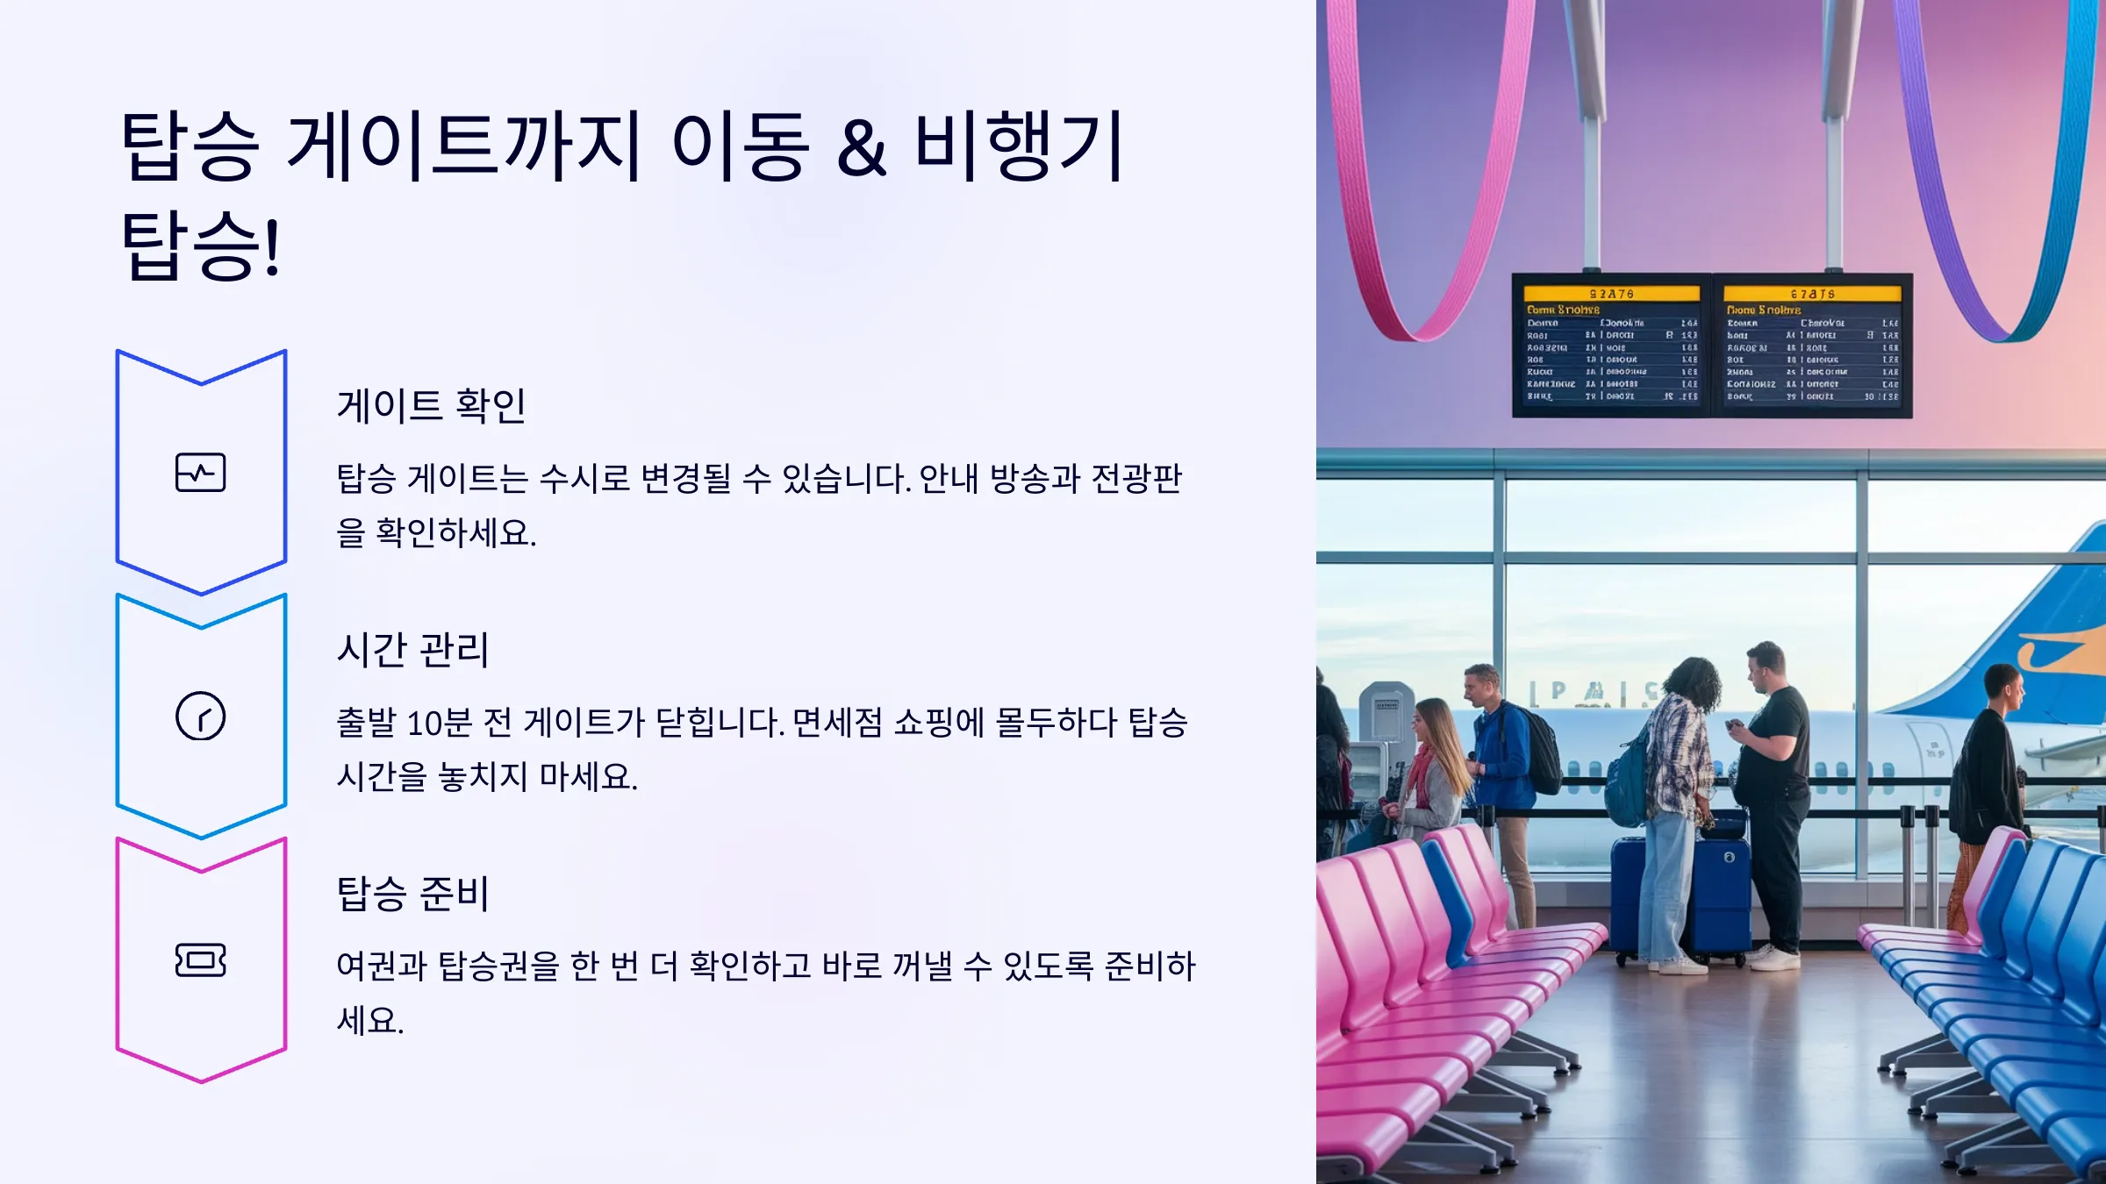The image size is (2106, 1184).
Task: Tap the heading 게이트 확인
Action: (x=431, y=406)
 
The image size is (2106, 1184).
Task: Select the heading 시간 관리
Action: (x=412, y=650)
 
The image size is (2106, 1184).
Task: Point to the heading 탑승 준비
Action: (x=412, y=894)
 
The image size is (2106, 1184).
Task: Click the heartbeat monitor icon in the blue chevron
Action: (x=201, y=473)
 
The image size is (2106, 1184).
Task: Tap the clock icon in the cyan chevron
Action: (x=201, y=717)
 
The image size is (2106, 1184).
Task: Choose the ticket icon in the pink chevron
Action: (x=201, y=960)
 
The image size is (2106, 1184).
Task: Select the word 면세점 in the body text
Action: (x=837, y=723)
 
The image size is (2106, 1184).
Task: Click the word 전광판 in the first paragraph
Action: (x=1137, y=479)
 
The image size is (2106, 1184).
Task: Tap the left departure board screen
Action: (x=1611, y=346)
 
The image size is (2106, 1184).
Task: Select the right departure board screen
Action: (x=1811, y=346)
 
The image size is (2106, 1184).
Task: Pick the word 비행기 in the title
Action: (x=1018, y=146)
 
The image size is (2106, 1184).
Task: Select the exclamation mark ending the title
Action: (x=272, y=247)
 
